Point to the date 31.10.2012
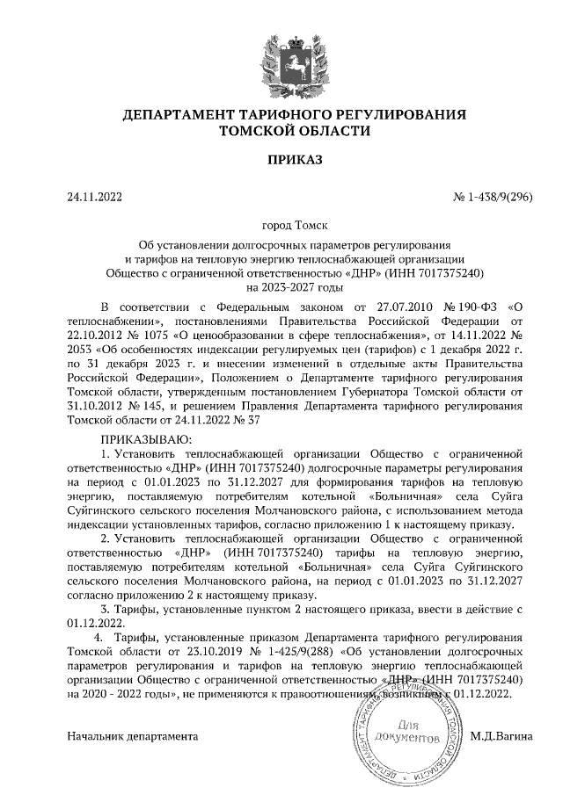point(95,405)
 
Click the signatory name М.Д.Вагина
point(501,734)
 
